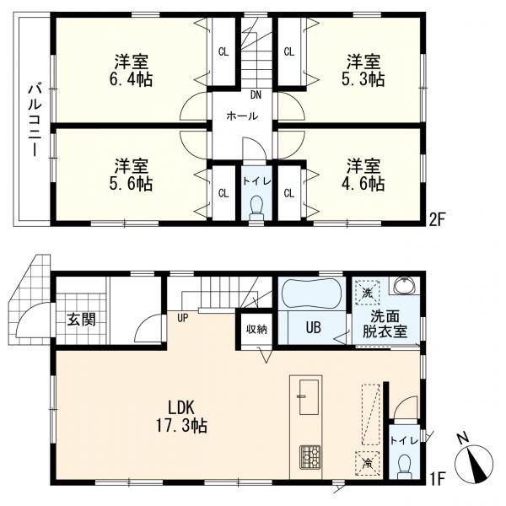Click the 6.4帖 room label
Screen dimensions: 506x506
130,70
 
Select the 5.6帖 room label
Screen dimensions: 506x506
130,174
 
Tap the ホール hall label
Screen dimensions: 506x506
241,117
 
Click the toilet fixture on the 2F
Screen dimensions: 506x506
256,207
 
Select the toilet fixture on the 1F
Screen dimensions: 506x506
404,464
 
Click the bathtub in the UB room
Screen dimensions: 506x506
310,296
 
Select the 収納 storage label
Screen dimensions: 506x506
256,330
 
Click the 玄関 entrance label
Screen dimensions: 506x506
81,320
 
